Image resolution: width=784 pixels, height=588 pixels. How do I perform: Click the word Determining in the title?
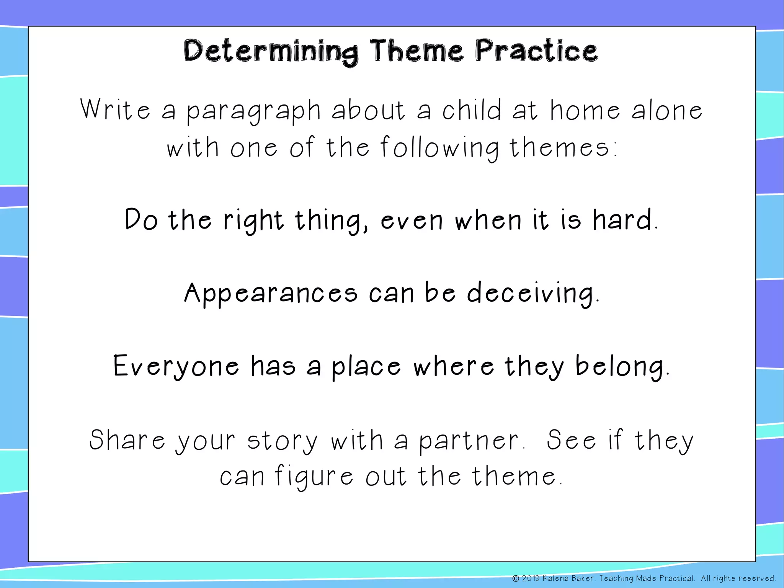271,52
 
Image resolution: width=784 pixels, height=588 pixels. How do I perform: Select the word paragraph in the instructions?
253,111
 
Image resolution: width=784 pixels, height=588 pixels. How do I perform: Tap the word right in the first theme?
253,221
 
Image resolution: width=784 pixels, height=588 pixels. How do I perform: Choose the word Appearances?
271,294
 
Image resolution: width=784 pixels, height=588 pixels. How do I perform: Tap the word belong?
620,367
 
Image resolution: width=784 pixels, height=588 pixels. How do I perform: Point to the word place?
366,367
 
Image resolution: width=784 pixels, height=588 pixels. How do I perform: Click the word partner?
468,441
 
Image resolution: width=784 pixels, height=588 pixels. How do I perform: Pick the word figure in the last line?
314,477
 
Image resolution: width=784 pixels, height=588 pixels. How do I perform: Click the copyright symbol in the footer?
516,578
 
